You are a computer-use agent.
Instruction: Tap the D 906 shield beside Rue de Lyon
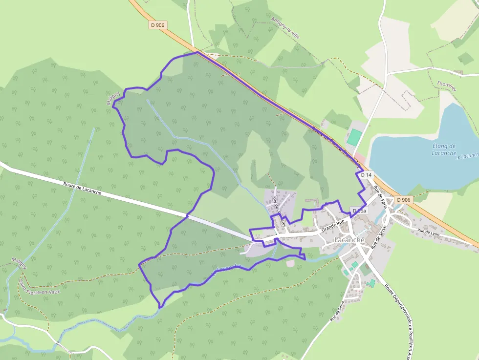404,200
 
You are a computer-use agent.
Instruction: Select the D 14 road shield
366,175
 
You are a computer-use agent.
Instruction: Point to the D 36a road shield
359,211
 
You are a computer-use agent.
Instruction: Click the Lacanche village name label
349,240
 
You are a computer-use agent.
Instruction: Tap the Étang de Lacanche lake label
444,149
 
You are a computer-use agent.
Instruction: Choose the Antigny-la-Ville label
285,29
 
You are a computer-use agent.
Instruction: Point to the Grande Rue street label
333,226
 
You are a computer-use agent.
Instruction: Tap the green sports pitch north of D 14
354,136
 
